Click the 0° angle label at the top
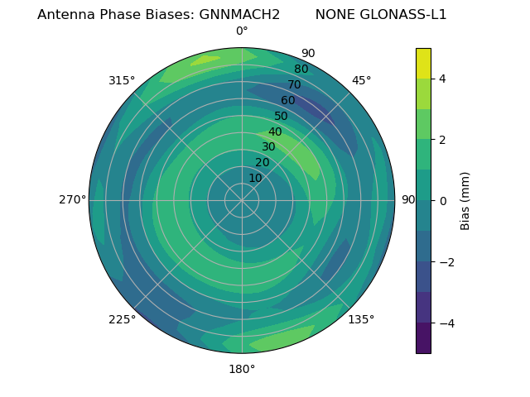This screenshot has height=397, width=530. [x=242, y=31]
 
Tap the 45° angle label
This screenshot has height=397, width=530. [x=361, y=80]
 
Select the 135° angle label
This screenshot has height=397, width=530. [x=361, y=319]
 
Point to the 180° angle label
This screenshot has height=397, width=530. [x=242, y=369]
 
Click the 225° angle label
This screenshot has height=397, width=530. [x=122, y=319]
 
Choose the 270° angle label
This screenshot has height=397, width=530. [x=72, y=199]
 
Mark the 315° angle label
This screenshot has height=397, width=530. [x=122, y=80]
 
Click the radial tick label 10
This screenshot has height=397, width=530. [x=255, y=178]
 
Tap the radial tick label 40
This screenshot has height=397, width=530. [x=275, y=132]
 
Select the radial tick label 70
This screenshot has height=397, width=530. [x=295, y=84]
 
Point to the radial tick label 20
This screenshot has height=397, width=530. [x=262, y=162]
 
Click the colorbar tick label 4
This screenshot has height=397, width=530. [x=443, y=79]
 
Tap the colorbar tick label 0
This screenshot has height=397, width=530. [x=443, y=200]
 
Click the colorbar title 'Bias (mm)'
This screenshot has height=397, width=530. [x=465, y=200]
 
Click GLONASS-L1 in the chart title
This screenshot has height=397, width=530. [x=404, y=15]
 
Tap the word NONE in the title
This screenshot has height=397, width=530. [x=335, y=15]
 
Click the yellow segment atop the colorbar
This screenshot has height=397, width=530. [x=423, y=63]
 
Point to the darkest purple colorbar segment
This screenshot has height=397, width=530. [x=423, y=338]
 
